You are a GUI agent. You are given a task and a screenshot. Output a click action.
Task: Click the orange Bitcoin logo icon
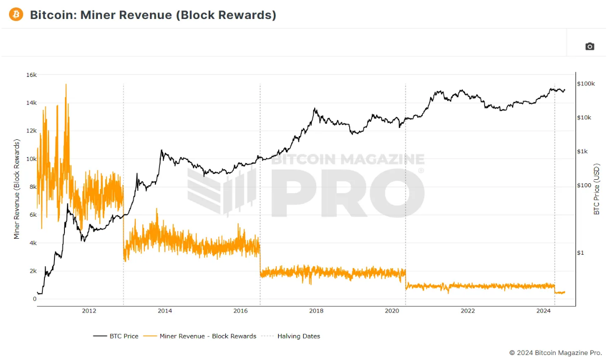(16, 14)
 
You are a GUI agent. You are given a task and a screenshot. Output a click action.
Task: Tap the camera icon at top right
(590, 46)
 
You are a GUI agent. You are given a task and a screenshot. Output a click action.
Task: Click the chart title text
(153, 15)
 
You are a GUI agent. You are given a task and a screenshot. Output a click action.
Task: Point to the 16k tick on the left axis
(31, 75)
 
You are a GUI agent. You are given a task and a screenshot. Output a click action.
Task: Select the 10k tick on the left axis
(31, 159)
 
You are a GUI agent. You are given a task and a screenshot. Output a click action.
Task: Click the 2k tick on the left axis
(32, 271)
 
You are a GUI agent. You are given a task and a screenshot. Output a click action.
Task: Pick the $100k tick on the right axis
(586, 83)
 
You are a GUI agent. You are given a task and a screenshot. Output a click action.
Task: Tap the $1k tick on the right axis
(583, 151)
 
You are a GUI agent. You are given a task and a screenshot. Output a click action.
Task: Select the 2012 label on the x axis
(89, 311)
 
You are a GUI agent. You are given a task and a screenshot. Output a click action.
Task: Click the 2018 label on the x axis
(316, 311)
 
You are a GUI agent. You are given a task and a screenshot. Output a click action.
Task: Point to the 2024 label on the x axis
(543, 311)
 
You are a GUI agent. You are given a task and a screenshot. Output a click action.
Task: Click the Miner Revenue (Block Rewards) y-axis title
(17, 190)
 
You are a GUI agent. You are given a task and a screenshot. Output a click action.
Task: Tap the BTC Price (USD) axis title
(597, 190)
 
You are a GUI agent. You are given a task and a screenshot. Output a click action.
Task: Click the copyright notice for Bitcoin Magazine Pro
(556, 353)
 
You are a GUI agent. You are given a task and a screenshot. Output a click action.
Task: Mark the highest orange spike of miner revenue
(65, 84)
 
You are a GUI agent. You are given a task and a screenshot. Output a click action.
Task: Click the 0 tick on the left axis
(35, 299)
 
